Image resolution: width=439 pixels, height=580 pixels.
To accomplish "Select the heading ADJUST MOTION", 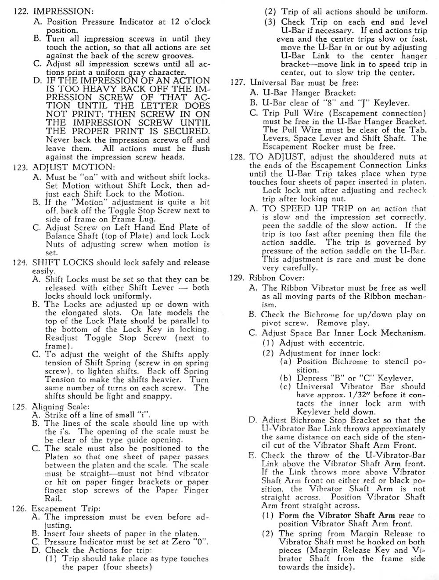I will pos(74,167).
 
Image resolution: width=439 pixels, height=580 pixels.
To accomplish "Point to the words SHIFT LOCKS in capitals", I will pos(62,263).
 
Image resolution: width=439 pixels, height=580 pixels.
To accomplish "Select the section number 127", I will pos(238,82).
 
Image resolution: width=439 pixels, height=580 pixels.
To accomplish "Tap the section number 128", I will pos(238,157).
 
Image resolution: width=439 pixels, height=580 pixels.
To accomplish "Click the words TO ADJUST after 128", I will pos(277,157).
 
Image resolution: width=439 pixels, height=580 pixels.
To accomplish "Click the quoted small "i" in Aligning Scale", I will pos(144,415).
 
